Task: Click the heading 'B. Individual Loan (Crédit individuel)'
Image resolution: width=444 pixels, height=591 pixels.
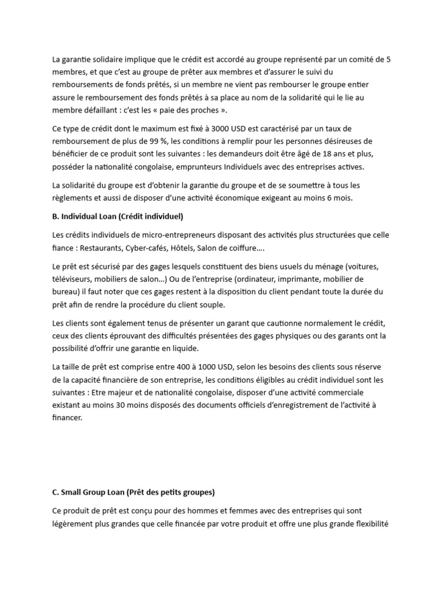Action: click(118, 216)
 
